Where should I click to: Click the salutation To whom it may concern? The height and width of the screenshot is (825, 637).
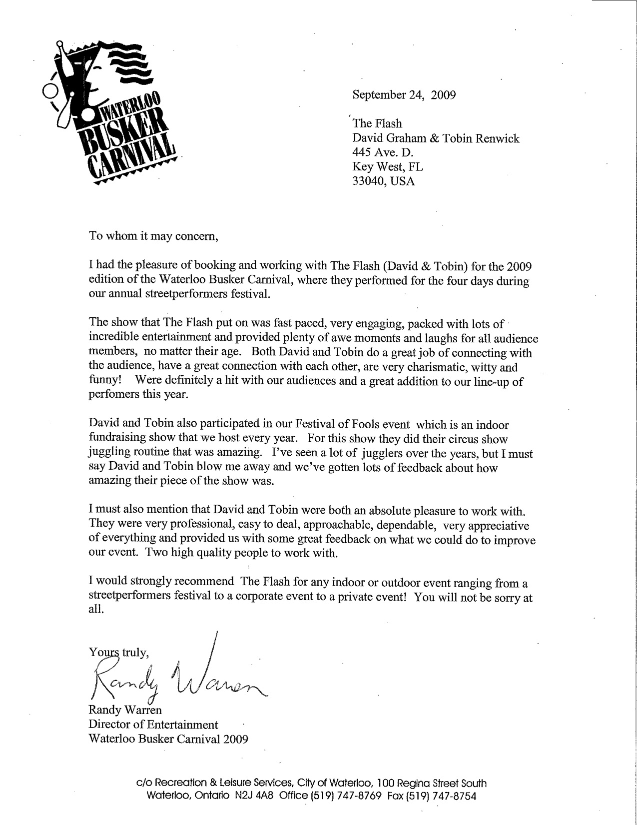(154, 236)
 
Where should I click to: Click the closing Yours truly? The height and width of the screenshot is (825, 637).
(118, 652)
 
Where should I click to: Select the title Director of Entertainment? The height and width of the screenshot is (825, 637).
(153, 724)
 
